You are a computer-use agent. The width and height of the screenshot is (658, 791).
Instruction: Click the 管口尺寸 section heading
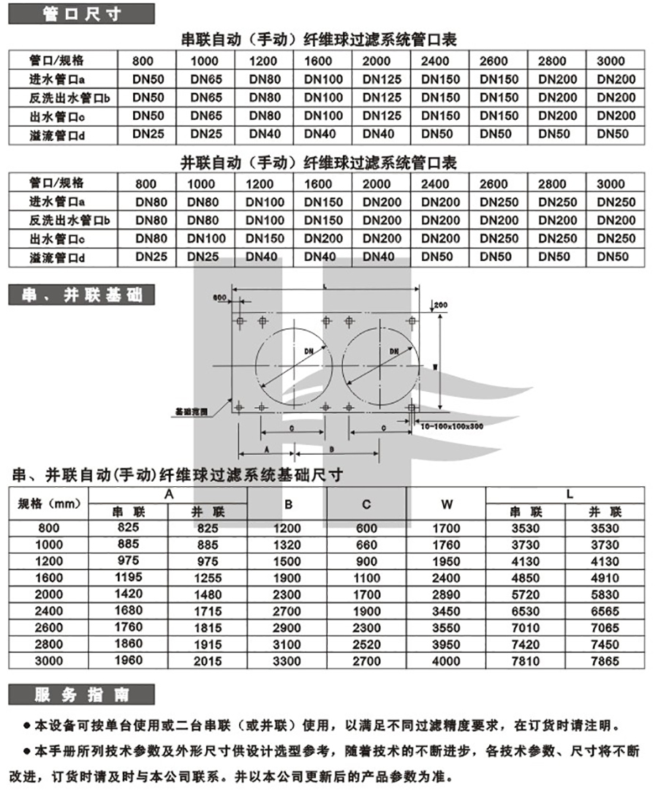tap(80, 14)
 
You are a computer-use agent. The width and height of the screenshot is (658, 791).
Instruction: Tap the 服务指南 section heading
tap(80, 694)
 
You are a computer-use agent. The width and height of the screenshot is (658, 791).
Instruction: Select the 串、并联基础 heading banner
tap(80, 295)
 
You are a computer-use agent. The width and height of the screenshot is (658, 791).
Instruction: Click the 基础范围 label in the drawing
tap(192, 412)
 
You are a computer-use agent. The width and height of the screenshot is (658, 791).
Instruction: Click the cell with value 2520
tap(366, 645)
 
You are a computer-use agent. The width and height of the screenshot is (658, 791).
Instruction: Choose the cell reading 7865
tap(604, 662)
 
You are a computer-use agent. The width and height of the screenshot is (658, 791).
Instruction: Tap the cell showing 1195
tap(128, 578)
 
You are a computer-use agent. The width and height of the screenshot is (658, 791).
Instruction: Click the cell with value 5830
tap(604, 594)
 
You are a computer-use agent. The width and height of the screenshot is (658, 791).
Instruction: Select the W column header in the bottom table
tap(447, 504)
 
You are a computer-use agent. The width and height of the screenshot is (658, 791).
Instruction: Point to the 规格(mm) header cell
tap(48, 504)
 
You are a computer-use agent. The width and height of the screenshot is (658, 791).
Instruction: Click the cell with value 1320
tap(287, 545)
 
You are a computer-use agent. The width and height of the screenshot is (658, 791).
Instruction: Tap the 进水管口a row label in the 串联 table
tap(58, 80)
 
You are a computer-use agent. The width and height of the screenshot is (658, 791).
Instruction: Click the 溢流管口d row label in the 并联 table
tap(58, 257)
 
